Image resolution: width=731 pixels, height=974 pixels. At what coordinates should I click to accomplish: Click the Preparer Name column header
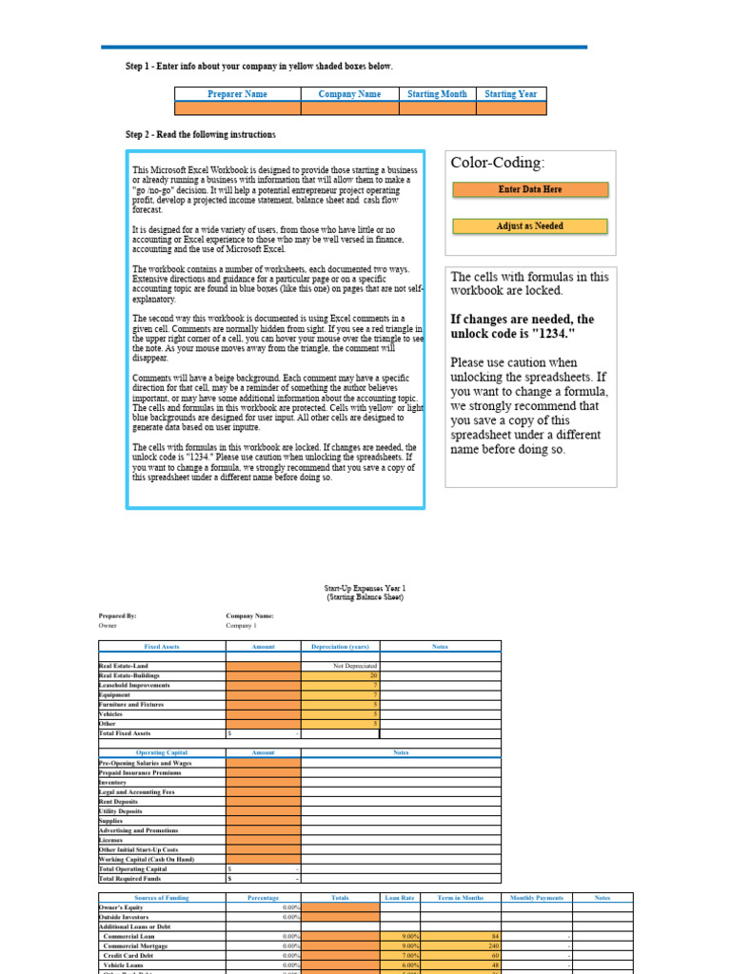pyautogui.click(x=237, y=94)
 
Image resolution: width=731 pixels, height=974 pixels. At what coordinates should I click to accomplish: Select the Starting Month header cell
pyautogui.click(x=437, y=94)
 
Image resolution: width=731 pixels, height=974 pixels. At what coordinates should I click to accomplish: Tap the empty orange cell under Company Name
pyautogui.click(x=349, y=108)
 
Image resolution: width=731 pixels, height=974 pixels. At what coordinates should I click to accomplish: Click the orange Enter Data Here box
pyautogui.click(x=530, y=189)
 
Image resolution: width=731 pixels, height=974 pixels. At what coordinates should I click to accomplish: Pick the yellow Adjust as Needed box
pyautogui.click(x=530, y=226)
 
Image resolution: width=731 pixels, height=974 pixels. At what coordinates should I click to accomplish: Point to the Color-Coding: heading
pyautogui.click(x=498, y=163)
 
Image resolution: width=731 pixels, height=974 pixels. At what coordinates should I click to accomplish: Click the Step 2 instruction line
pyautogui.click(x=201, y=135)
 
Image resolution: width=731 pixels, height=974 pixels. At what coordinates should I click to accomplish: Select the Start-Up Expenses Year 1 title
pyautogui.click(x=365, y=589)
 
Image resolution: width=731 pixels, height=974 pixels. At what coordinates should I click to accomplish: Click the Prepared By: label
pyautogui.click(x=118, y=615)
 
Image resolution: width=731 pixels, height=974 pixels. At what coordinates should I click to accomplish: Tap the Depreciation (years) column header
pyautogui.click(x=340, y=647)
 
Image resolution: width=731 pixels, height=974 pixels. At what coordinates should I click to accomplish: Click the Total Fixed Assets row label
pyautogui.click(x=125, y=733)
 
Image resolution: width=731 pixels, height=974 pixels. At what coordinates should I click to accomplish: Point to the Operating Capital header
pyautogui.click(x=162, y=752)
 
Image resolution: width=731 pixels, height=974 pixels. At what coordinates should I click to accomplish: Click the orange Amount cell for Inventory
pyautogui.click(x=263, y=782)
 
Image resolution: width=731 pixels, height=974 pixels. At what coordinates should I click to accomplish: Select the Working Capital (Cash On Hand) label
pyautogui.click(x=146, y=859)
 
